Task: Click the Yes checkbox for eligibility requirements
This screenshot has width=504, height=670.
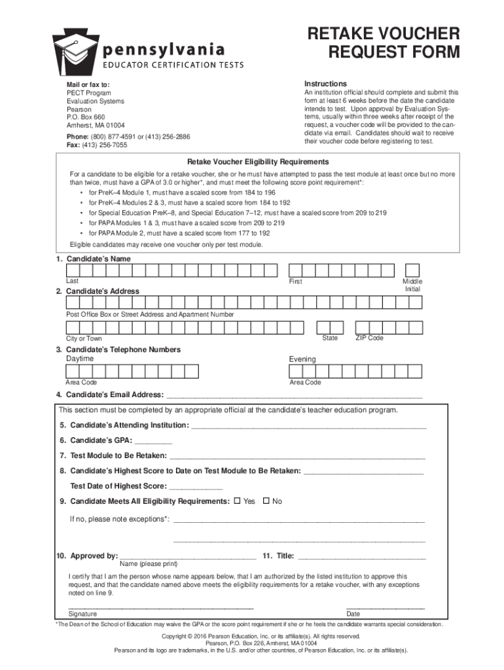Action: [237, 501]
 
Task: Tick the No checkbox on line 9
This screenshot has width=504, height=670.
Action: [266, 501]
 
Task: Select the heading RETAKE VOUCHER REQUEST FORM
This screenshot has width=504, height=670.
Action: [384, 43]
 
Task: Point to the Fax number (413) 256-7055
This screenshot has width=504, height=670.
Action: [97, 145]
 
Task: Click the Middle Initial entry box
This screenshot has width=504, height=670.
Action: [412, 270]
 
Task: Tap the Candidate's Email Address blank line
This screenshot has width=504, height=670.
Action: [295, 396]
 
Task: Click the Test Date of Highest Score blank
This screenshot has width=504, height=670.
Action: [196, 487]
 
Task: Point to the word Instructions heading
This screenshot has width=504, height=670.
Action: [325, 84]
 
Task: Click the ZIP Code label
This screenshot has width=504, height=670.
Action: [369, 338]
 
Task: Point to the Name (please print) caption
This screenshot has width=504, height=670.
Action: [149, 564]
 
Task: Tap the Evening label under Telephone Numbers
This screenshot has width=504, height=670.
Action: [302, 359]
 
